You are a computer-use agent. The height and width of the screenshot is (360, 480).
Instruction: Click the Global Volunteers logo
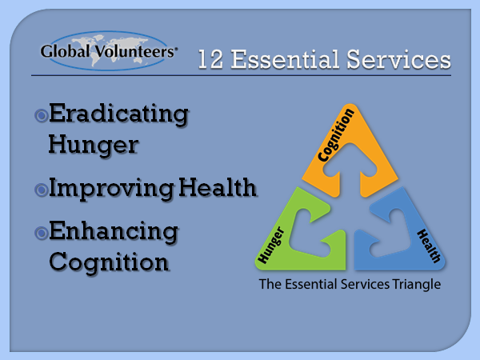108,51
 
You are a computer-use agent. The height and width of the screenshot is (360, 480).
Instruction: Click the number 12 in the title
210,59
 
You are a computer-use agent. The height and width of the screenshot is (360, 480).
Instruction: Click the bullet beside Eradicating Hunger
42,116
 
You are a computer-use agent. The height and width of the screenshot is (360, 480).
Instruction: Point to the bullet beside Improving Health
42,190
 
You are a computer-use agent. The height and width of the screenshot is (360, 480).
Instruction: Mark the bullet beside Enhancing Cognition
42,234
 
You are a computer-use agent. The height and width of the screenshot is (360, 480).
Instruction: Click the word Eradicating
118,114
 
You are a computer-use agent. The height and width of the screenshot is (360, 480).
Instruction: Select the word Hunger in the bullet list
94,145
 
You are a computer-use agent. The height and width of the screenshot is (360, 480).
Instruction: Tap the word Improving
111,189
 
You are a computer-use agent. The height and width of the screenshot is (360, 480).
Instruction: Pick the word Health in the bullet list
218,187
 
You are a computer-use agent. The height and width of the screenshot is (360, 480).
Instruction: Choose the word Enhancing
114,232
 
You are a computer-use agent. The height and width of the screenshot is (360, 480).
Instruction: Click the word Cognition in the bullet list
109,262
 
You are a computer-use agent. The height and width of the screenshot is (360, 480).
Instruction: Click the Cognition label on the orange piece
336,135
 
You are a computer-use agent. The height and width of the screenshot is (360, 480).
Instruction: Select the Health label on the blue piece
429,246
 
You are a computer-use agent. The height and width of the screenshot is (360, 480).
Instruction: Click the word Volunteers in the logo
134,51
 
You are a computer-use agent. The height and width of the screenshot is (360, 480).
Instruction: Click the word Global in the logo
66,51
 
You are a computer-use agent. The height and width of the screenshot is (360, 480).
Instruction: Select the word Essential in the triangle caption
311,284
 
